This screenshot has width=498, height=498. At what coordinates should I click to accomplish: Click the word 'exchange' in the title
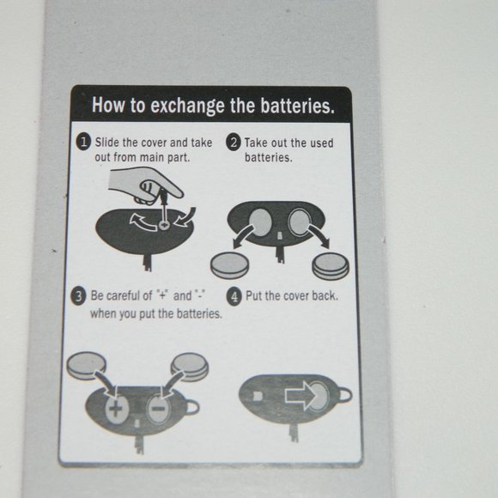(x=187, y=106)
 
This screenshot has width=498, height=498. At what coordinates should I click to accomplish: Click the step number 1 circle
(x=84, y=142)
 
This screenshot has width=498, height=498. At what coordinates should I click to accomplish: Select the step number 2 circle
(x=234, y=143)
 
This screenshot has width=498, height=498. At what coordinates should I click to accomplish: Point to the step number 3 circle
(x=78, y=296)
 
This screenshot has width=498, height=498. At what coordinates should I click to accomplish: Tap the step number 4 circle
(x=234, y=297)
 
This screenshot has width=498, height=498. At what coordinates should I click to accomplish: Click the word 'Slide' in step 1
(x=107, y=142)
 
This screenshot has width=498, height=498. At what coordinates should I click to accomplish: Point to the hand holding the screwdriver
(x=145, y=185)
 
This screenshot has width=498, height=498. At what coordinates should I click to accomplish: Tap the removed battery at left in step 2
(x=229, y=266)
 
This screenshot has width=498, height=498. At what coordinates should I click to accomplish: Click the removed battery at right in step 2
(x=331, y=267)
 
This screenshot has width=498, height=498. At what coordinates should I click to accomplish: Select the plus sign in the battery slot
(x=116, y=409)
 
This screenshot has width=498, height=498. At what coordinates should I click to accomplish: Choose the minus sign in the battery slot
(x=159, y=409)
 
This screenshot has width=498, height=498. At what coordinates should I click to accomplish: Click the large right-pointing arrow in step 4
(x=301, y=396)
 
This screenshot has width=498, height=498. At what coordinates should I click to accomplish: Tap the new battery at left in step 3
(x=86, y=366)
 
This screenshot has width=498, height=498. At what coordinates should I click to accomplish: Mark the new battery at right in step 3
(x=190, y=367)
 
